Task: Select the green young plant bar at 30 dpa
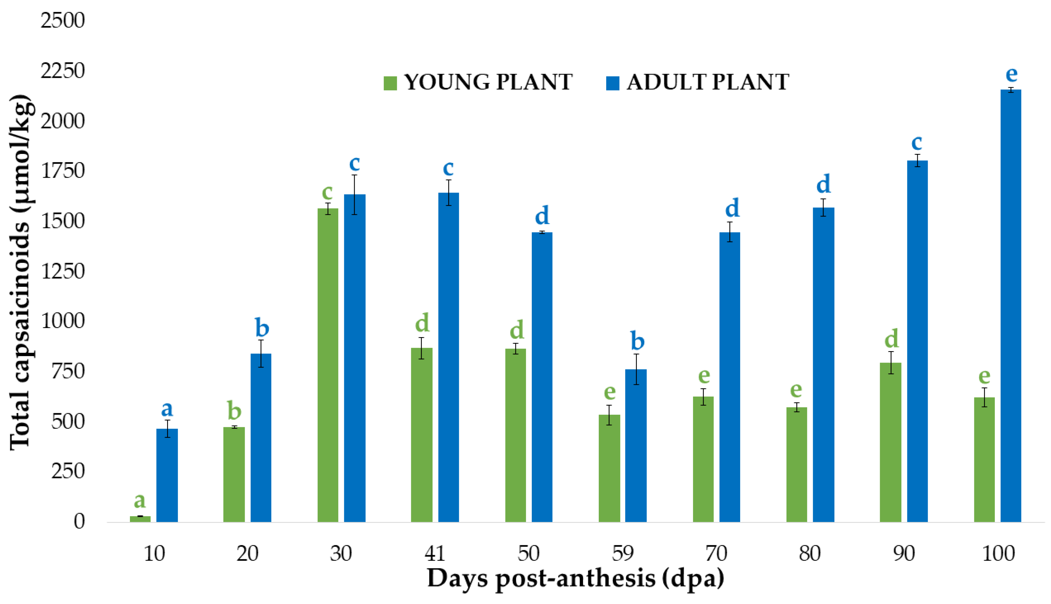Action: click(328, 365)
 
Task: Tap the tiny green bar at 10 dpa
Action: click(140, 519)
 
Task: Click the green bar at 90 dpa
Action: click(891, 442)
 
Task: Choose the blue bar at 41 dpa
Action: click(448, 357)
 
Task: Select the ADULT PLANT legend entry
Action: click(697, 82)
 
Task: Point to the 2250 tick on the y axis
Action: click(62, 71)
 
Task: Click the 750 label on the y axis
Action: click(62, 371)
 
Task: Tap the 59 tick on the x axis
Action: click(623, 553)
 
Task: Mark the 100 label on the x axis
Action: click(998, 553)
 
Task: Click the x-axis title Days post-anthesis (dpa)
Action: click(576, 578)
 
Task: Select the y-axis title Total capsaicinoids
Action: click(21, 272)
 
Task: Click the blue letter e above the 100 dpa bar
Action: click(1011, 75)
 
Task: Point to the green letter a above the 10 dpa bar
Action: click(140, 500)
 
